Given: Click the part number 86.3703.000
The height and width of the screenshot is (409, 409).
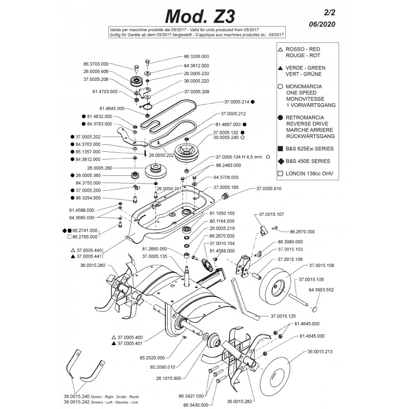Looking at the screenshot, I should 96,64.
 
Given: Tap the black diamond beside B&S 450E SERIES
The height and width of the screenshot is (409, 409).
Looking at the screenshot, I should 281,161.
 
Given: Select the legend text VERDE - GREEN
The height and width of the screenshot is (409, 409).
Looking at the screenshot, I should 304,67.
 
